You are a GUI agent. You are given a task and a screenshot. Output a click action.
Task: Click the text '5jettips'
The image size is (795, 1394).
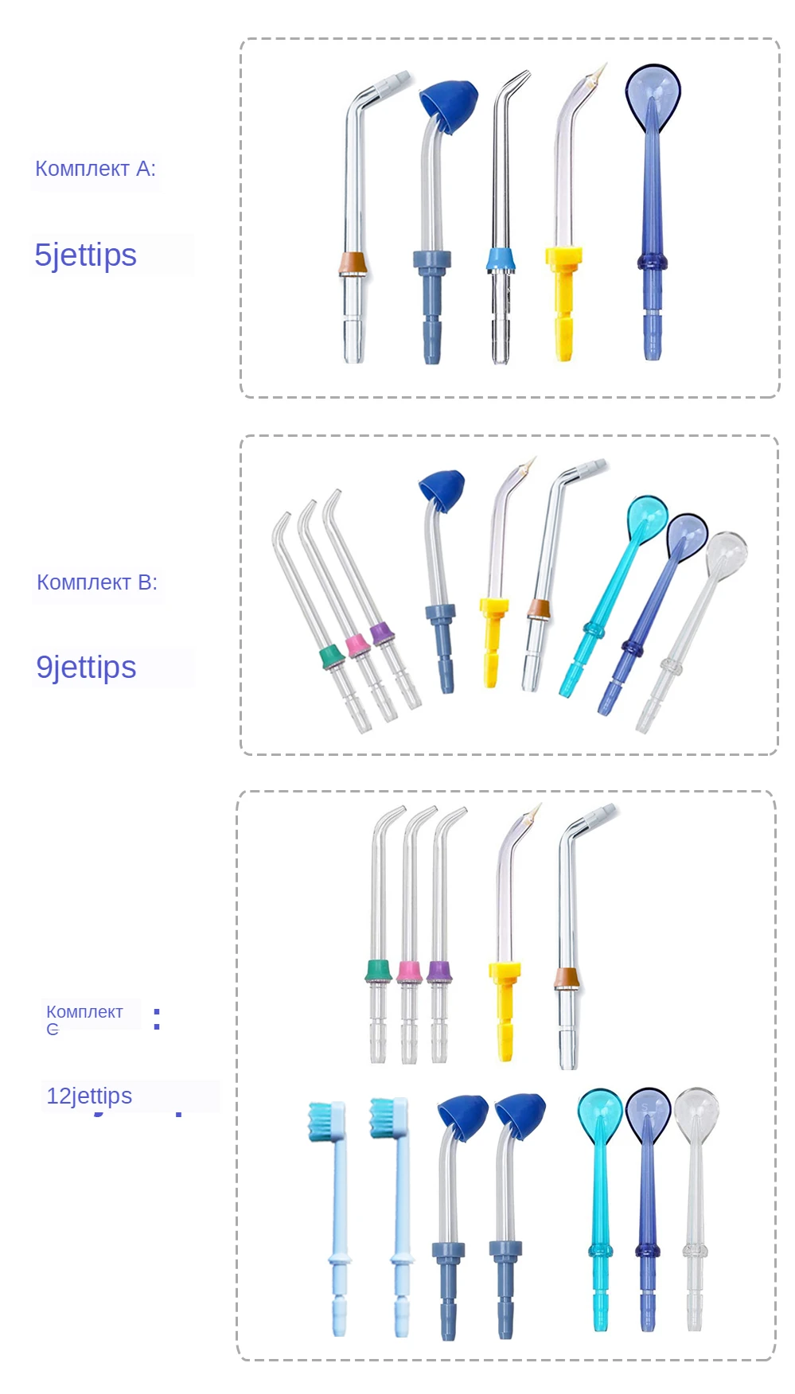click(x=86, y=255)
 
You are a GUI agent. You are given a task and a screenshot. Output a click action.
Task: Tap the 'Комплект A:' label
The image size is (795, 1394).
click(x=95, y=169)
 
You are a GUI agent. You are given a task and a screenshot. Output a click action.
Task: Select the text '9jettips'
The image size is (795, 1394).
click(x=87, y=668)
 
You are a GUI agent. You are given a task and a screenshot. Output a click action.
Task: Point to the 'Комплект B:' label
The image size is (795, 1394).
click(x=97, y=582)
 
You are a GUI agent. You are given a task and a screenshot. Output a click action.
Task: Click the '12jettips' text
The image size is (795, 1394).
click(x=89, y=1096)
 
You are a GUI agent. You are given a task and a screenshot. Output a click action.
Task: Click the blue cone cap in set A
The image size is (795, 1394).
click(x=449, y=104)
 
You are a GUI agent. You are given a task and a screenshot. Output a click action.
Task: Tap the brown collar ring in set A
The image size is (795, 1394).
click(x=353, y=263)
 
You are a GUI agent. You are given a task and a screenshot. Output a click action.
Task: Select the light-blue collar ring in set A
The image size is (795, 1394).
click(x=501, y=259)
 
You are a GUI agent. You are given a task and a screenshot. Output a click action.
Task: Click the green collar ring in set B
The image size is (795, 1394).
click(x=330, y=656)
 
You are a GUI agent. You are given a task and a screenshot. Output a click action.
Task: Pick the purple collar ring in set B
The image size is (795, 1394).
click(x=382, y=633)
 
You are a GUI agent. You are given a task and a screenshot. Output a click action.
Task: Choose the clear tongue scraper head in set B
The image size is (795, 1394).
click(x=727, y=551)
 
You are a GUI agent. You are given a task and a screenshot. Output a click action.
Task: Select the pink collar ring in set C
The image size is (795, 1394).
click(x=409, y=972)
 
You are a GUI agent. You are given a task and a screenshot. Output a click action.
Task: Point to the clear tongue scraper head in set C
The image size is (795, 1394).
click(x=696, y=1112)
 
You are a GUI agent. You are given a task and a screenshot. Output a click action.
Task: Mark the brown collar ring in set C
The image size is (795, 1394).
click(x=567, y=978)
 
